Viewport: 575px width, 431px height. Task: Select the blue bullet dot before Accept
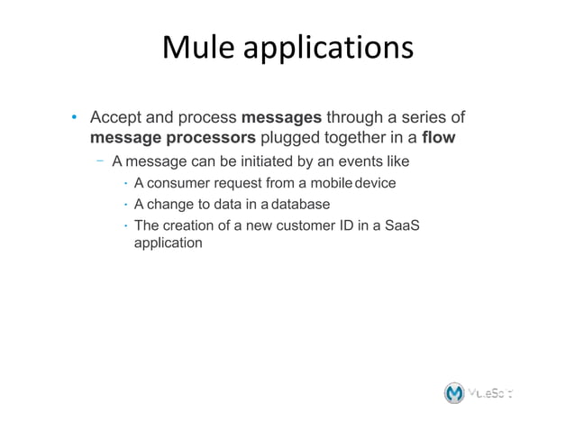tap(76, 119)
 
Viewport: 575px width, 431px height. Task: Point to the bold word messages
tap(281, 118)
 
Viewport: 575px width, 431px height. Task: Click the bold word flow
tap(438, 139)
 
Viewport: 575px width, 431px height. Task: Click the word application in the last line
tap(168, 243)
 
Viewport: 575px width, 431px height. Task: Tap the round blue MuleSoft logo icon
tap(456, 393)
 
